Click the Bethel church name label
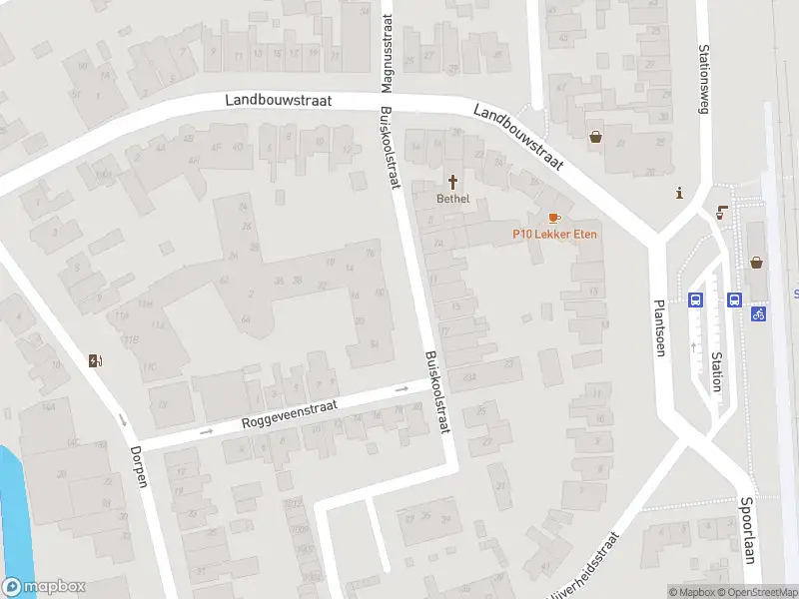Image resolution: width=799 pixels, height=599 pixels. (452, 199)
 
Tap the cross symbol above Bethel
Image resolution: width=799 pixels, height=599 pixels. (453, 182)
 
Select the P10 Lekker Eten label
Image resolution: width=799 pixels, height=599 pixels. (545, 234)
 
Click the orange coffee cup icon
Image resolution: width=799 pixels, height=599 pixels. (553, 217)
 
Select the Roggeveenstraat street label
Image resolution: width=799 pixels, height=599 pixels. (290, 414)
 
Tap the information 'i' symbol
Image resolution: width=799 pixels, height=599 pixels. (679, 194)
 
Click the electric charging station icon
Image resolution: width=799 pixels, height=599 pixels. (95, 360)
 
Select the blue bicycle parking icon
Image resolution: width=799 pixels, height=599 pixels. (759, 313)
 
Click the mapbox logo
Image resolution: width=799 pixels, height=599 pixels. (44, 587)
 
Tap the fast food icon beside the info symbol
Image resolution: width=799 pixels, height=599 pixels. (721, 211)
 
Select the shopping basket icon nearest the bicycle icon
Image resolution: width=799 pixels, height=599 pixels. (757, 264)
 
